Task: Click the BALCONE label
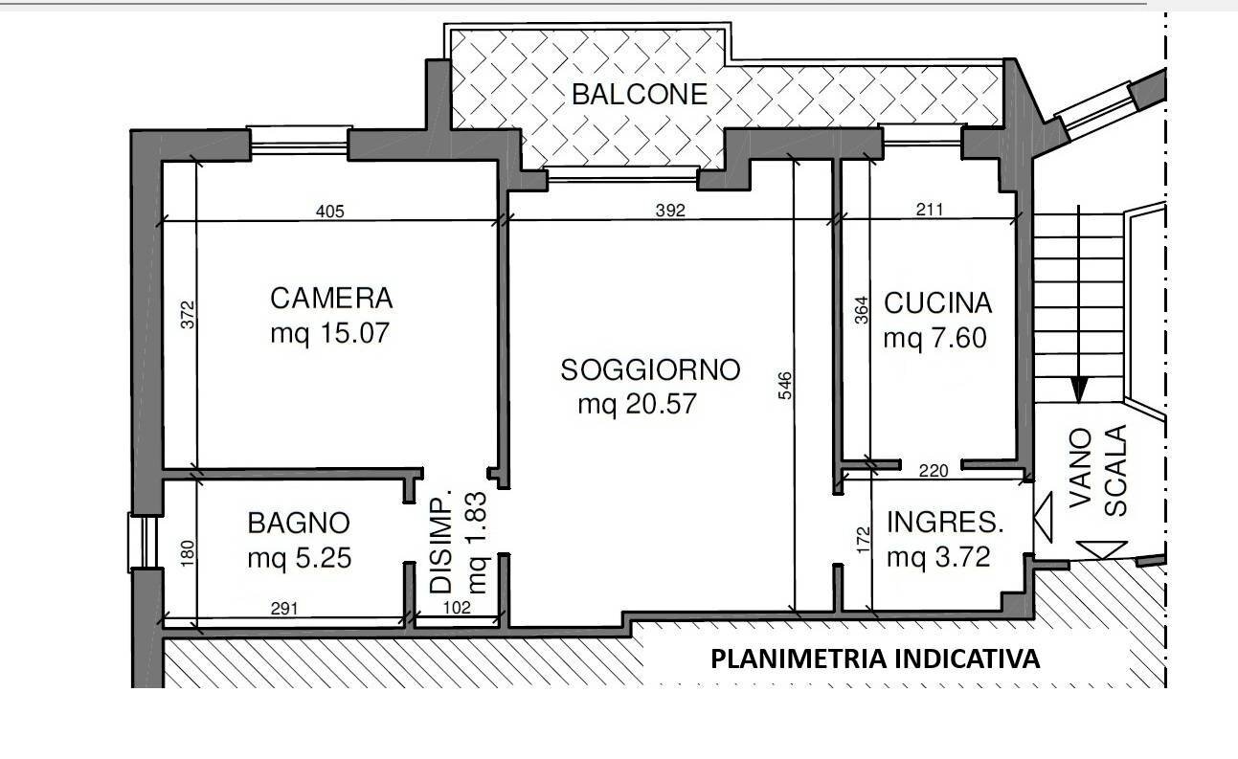639,94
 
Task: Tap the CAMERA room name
331,299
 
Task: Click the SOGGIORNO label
650,370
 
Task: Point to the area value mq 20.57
637,405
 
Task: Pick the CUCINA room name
936,303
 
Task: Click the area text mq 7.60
934,339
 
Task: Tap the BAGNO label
299,523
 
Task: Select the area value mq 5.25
299,558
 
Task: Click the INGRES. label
944,523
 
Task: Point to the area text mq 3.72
937,557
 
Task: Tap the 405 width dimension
329,212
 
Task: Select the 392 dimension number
670,212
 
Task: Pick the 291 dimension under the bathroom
284,608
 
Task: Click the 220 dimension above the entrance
933,470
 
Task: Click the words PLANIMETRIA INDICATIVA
874,659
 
